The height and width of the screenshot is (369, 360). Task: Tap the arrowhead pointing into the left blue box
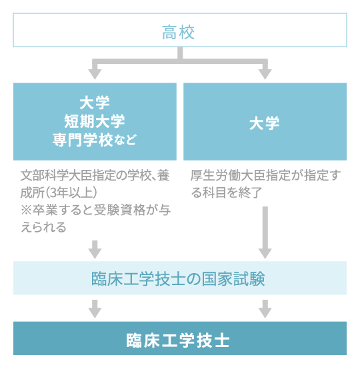(95, 73)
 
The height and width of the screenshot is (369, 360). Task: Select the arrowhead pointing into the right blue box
(265, 73)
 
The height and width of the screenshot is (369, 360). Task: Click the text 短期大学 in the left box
(95, 121)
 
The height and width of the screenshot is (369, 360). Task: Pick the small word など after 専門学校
(126, 141)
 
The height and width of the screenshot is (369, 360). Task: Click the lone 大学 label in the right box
(265, 123)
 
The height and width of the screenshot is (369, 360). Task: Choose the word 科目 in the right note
(217, 193)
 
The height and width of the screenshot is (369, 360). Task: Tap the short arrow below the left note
(95, 248)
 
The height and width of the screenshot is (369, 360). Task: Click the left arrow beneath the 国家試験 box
(95, 308)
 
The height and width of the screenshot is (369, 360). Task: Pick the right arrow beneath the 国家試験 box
(265, 308)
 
